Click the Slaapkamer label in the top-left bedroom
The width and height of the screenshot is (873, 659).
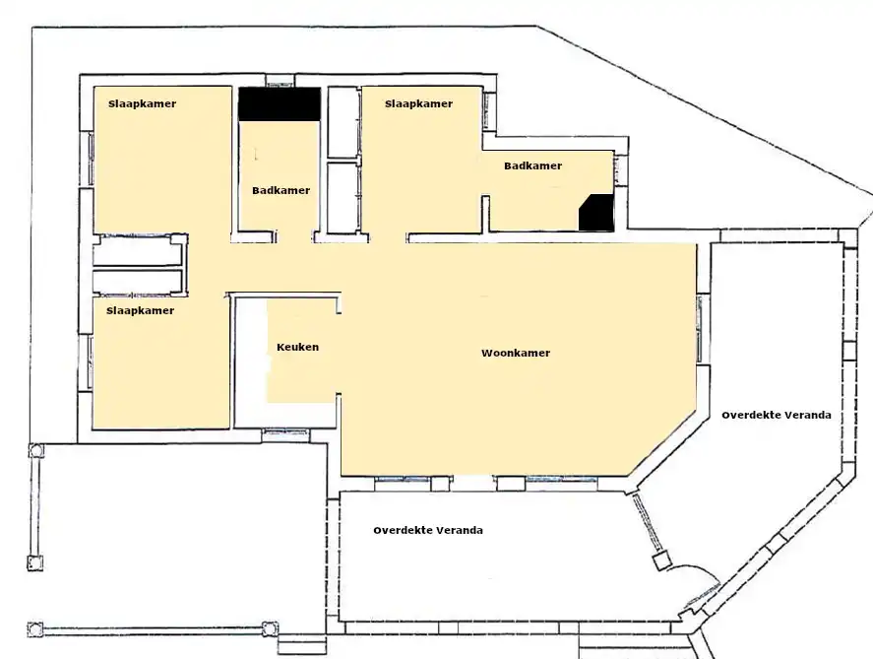(142, 103)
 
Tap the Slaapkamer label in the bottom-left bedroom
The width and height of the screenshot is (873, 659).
(141, 311)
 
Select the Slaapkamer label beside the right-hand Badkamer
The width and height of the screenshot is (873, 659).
(418, 103)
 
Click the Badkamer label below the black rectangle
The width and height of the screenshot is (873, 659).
(281, 190)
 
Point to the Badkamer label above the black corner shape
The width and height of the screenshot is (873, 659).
(532, 166)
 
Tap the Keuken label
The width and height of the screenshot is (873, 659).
(298, 347)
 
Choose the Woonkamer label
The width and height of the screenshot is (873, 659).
(516, 354)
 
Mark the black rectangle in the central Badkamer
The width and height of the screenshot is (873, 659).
(280, 104)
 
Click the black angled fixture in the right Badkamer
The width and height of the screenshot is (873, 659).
(596, 212)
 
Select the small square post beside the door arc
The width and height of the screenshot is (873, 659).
(661, 560)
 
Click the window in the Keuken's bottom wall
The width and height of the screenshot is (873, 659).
(285, 431)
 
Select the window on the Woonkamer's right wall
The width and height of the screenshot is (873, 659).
(701, 329)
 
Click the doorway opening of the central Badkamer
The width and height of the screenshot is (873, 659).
(295, 237)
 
